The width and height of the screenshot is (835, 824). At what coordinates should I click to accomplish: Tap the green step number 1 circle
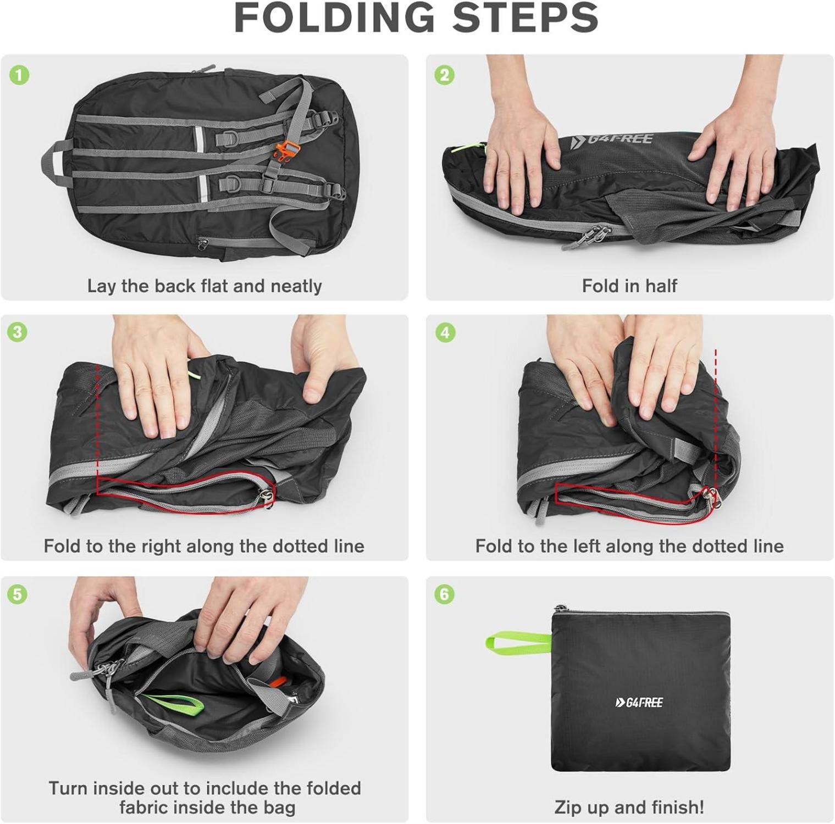[x=20, y=75]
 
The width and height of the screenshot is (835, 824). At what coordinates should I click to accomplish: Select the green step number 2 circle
[x=445, y=75]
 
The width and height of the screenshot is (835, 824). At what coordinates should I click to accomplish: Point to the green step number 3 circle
[x=18, y=332]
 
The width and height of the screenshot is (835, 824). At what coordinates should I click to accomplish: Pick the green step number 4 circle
[x=445, y=333]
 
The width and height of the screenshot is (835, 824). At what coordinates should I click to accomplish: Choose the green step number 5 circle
[x=18, y=594]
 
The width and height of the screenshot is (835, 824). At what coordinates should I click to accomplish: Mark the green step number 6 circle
[x=444, y=594]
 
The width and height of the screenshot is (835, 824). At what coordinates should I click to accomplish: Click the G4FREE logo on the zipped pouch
[x=639, y=702]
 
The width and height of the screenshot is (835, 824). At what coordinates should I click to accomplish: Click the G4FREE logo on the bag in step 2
[x=611, y=138]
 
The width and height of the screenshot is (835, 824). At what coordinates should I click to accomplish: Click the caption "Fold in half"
[x=629, y=286]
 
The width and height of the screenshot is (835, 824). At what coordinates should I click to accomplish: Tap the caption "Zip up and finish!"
[x=629, y=807]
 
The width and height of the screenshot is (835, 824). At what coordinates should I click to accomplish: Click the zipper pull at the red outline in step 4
[x=711, y=497]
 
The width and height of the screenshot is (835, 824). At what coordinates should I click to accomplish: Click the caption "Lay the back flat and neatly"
[x=204, y=286]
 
